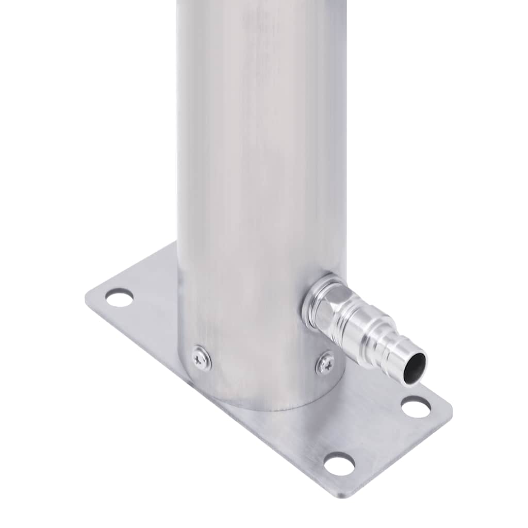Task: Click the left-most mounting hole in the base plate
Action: pos(119,298)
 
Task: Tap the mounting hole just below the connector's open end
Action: pos(416,407)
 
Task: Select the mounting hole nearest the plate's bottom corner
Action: pos(339,464)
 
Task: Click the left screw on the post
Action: pos(201,358)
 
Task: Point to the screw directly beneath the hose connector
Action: pos(325,363)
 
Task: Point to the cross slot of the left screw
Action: pos(201,358)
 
